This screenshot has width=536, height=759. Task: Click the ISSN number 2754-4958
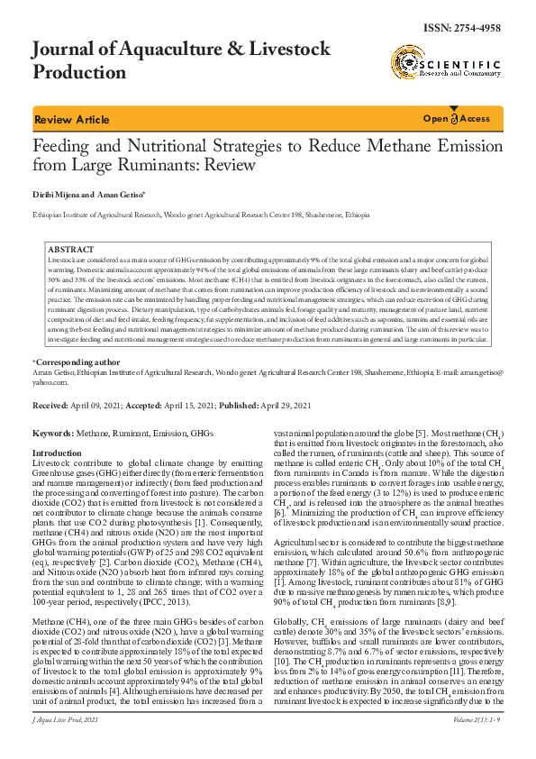click(x=476, y=29)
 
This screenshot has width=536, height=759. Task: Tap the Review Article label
click(x=71, y=120)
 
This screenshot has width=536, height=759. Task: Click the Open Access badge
click(x=457, y=119)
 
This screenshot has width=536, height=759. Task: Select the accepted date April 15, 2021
click(x=187, y=407)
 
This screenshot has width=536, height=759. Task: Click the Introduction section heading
click(x=57, y=453)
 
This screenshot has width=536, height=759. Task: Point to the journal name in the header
click(x=181, y=59)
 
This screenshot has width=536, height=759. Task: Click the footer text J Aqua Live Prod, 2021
click(x=65, y=745)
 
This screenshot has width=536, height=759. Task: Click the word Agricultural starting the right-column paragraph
click(x=298, y=535)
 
